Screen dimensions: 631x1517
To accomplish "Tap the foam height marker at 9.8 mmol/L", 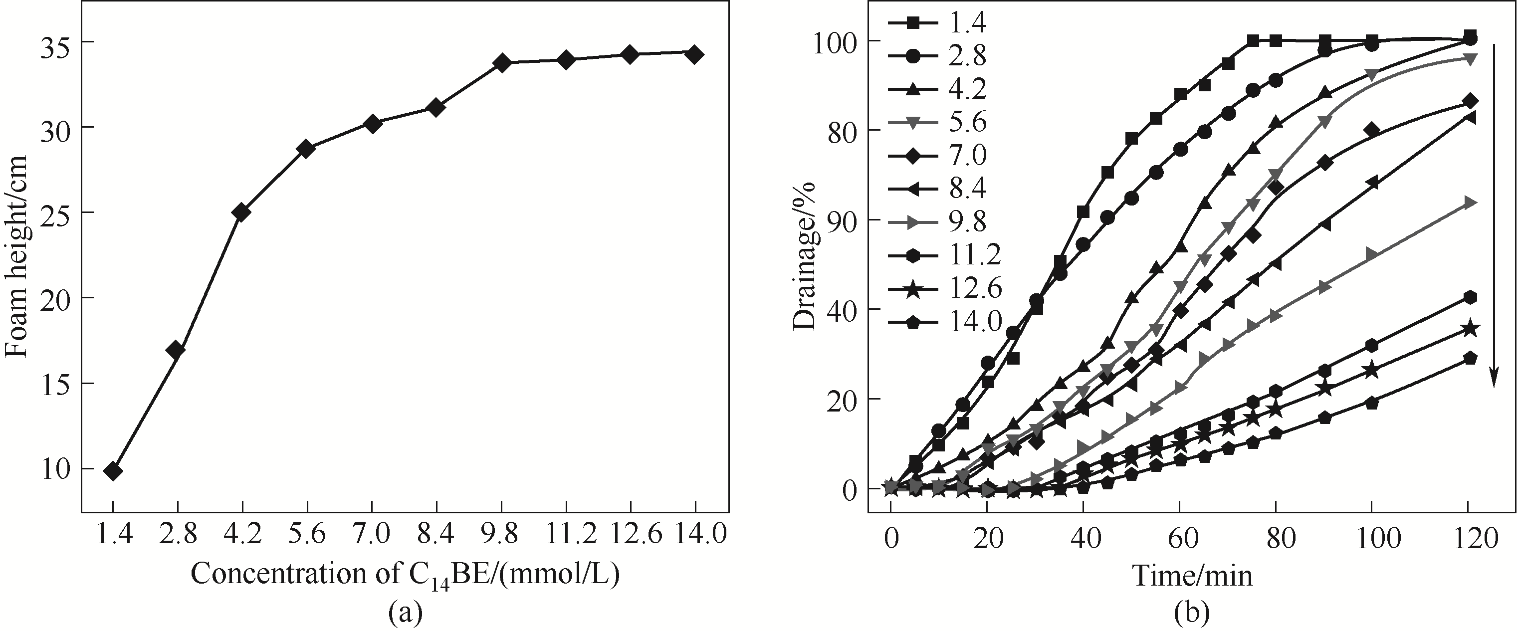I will (x=502, y=62).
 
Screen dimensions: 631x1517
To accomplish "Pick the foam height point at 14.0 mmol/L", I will (x=694, y=54).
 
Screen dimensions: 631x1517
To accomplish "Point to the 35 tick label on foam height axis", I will (x=56, y=43).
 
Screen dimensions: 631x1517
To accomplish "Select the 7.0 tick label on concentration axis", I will (x=372, y=535).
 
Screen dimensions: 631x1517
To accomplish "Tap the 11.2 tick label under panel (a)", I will (x=566, y=535).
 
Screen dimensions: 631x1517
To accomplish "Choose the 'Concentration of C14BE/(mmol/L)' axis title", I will (x=405, y=575).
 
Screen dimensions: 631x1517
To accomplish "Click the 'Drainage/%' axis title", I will (x=803, y=256).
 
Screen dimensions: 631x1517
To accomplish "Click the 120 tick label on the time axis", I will (x=1468, y=539).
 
